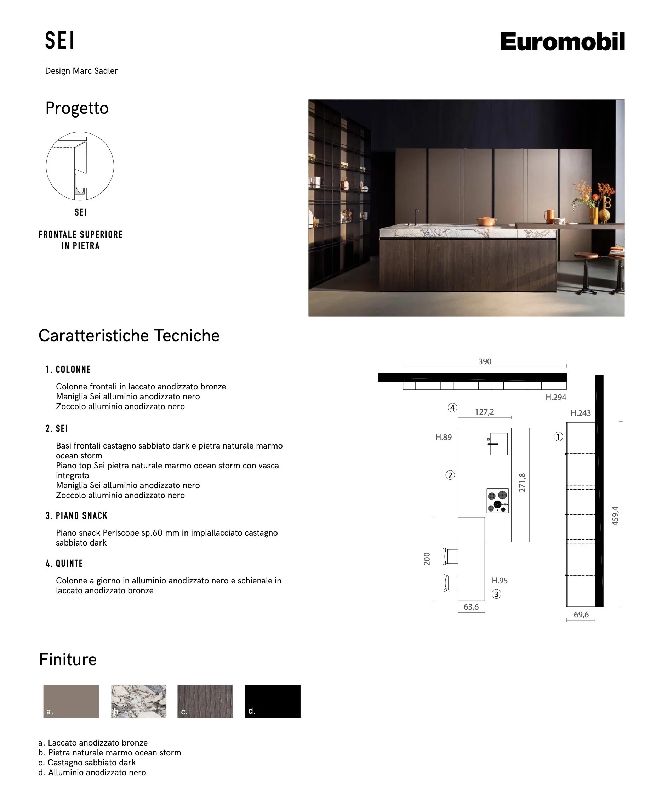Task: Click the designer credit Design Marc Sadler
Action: pyautogui.click(x=81, y=70)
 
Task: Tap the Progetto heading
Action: pyautogui.click(x=77, y=108)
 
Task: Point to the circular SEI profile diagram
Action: pyautogui.click(x=80, y=166)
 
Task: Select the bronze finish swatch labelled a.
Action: pyautogui.click(x=71, y=701)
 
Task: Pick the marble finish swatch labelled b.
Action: pyautogui.click(x=139, y=701)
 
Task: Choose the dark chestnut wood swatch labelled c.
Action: pyautogui.click(x=205, y=701)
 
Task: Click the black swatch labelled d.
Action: pyautogui.click(x=272, y=701)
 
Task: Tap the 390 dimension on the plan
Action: pyautogui.click(x=485, y=361)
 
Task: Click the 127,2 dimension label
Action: pyautogui.click(x=484, y=411)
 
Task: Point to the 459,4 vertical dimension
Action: pyautogui.click(x=615, y=516)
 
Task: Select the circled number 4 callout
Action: pyautogui.click(x=452, y=408)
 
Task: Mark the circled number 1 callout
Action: pyautogui.click(x=558, y=436)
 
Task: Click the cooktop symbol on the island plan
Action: pyautogui.click(x=498, y=500)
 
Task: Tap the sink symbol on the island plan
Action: pyautogui.click(x=498, y=444)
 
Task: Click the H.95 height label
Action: pyautogui.click(x=500, y=581)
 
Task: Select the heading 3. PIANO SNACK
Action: pyautogui.click(x=77, y=515)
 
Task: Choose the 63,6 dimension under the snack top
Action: pyautogui.click(x=471, y=607)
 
